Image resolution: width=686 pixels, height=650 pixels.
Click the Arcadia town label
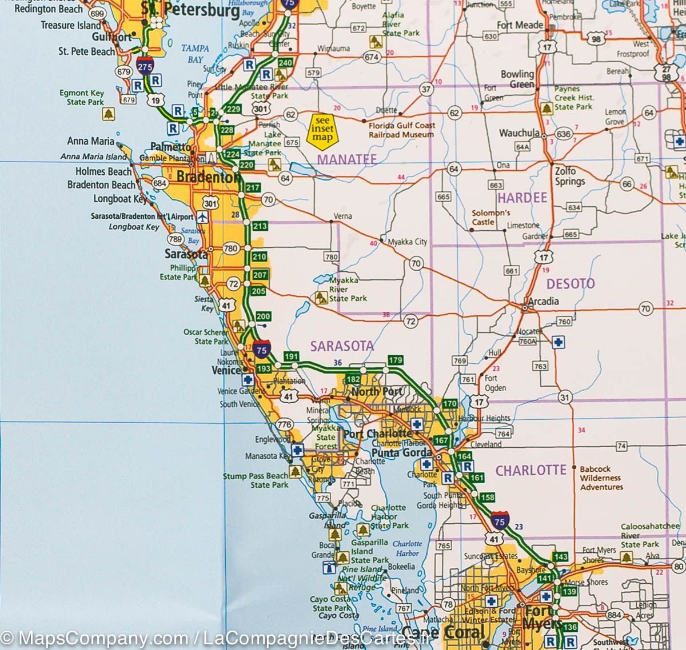point(543,301)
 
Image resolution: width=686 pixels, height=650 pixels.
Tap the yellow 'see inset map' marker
point(323,129)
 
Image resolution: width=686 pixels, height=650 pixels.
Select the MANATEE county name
point(347,159)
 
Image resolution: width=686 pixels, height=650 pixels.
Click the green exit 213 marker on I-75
point(260,226)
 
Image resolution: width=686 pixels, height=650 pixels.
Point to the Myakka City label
point(407,242)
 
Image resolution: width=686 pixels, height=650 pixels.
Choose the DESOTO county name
point(570,283)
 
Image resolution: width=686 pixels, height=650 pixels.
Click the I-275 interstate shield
point(145,66)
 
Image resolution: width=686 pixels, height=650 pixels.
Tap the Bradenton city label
point(206,177)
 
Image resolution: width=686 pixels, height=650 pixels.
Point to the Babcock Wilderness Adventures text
point(601,478)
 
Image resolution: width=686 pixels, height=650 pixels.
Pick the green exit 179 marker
point(396,360)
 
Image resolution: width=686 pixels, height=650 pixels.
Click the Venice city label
point(226,371)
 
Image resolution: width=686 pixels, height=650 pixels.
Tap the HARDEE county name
point(522,198)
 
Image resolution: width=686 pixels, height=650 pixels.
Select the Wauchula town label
point(519,133)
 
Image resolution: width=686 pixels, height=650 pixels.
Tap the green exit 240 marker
point(285,62)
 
